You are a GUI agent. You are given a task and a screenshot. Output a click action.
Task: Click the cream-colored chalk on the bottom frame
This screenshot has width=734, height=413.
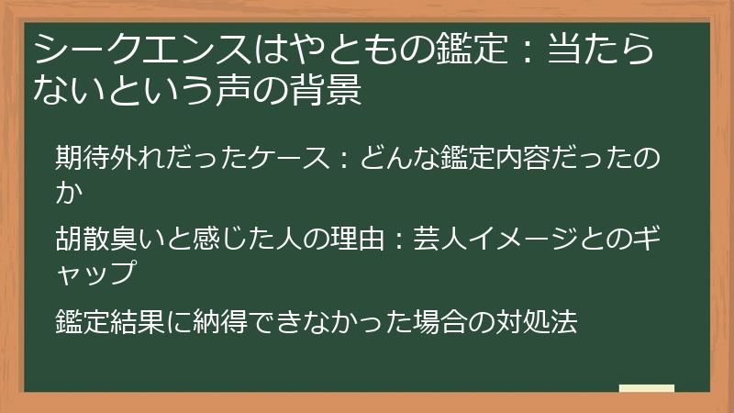pos(647,389)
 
